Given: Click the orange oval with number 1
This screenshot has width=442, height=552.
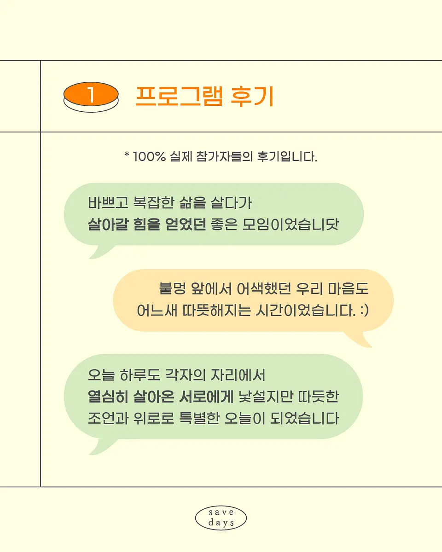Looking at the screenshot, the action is [x=91, y=94].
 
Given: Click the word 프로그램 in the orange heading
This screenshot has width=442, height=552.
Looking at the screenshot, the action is [x=179, y=96].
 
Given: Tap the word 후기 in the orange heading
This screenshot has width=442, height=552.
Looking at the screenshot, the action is [x=252, y=96].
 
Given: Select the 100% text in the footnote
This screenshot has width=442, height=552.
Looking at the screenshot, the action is [x=150, y=156].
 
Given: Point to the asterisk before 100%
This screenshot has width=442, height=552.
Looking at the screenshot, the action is [x=127, y=155].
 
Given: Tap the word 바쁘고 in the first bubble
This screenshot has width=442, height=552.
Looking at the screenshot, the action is [x=108, y=203].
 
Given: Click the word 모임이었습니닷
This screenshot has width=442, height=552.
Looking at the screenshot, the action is [x=291, y=224].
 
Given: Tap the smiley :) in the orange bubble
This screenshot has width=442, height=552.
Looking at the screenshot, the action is [x=365, y=310].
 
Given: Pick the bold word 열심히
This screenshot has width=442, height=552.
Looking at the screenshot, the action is [x=108, y=397].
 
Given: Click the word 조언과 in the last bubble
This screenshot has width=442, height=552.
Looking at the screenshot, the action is [x=108, y=418].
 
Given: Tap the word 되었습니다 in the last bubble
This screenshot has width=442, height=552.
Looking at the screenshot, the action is [x=305, y=418].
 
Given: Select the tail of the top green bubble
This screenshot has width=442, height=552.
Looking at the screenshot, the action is [x=101, y=252].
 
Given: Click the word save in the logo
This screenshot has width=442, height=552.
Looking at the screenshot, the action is [x=221, y=512].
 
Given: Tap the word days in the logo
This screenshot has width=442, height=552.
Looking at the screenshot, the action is [x=221, y=523].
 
